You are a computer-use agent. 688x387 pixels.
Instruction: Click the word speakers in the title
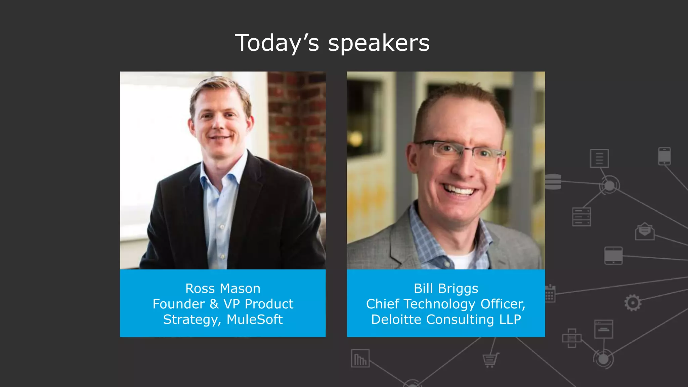[379, 43]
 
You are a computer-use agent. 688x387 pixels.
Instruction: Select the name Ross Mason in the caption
[223, 289]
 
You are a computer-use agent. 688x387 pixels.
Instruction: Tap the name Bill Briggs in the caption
[446, 289]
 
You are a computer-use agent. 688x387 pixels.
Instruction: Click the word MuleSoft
[255, 319]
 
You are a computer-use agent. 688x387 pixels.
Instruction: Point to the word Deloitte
[397, 319]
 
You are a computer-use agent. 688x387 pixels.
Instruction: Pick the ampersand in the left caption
[214, 304]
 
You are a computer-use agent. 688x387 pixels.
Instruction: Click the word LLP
[510, 319]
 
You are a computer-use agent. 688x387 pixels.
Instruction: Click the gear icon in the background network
[633, 303]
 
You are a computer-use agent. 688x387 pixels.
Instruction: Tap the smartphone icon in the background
[664, 156]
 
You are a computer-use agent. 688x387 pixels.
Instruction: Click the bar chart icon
[360, 358]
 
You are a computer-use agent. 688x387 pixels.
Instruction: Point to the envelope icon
[644, 231]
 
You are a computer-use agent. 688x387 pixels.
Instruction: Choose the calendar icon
[550, 294]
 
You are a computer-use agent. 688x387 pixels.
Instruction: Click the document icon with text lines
[599, 158]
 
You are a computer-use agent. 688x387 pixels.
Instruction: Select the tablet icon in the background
[613, 256]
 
